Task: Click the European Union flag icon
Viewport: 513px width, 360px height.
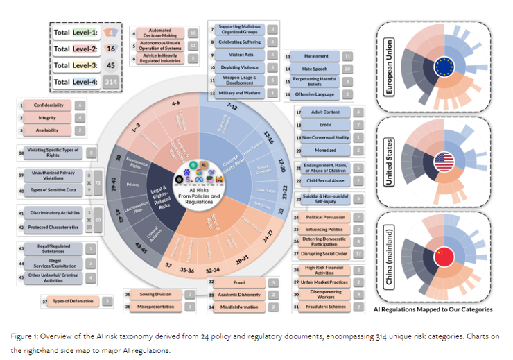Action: (442, 68)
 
